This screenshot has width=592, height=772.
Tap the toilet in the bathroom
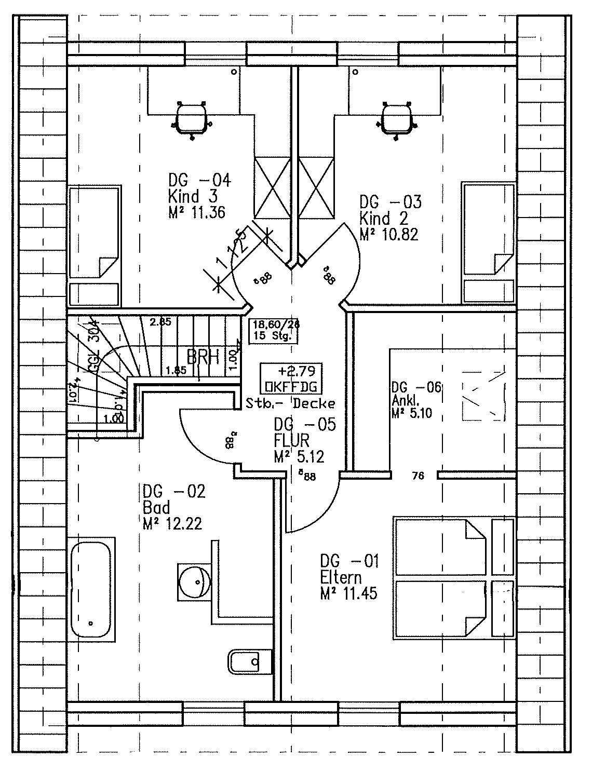tap(249, 661)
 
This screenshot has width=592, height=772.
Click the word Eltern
tap(341, 577)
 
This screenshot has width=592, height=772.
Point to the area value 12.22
tap(179, 522)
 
